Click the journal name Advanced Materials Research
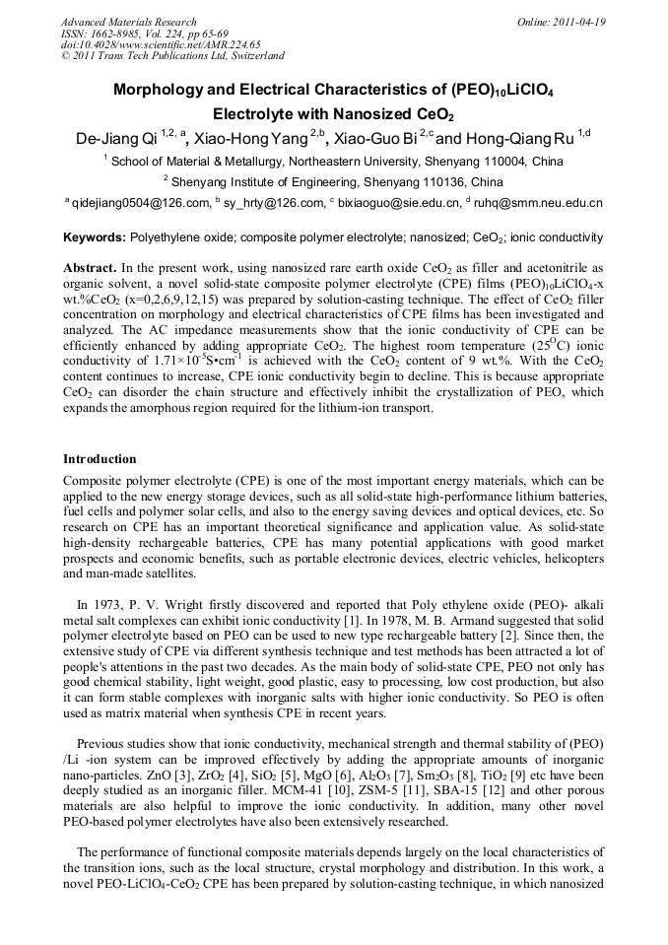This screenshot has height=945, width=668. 128,22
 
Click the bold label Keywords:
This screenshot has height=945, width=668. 94,238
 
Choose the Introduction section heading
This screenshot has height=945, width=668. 100,459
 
